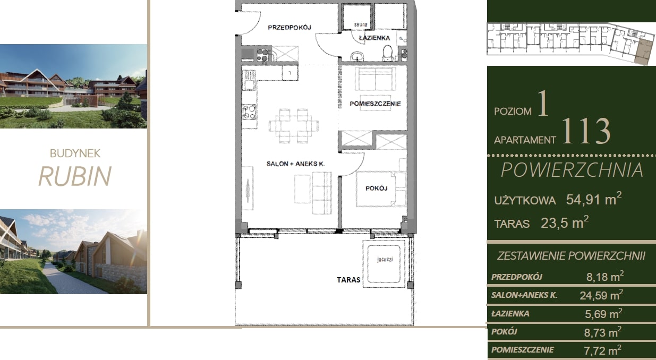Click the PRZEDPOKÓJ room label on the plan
[x=289, y=28]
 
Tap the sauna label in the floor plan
[x=361, y=24]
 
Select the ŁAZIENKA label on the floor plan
[x=374, y=38]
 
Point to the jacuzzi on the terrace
[x=384, y=264]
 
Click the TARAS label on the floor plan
[x=348, y=280]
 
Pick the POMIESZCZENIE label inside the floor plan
[x=375, y=104]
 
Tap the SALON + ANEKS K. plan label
[x=295, y=164]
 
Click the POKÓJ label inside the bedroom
[x=376, y=188]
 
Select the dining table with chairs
[x=294, y=126]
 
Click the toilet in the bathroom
[x=388, y=53]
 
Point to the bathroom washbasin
[x=357, y=56]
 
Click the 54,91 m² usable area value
[x=594, y=199]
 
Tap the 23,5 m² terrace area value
[x=565, y=222]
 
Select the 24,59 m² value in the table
[x=601, y=295]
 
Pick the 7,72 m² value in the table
[x=602, y=350]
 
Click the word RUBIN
[x=75, y=176]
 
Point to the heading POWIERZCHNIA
[x=572, y=170]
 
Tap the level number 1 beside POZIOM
[x=543, y=103]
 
